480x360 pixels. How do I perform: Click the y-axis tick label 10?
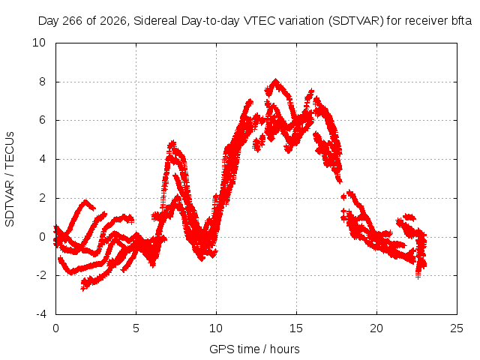click(x=39, y=43)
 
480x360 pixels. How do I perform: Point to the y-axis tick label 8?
click(x=42, y=82)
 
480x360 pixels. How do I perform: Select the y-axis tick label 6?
click(x=42, y=120)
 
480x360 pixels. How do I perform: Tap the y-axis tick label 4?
click(x=42, y=159)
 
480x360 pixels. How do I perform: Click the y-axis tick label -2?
click(x=40, y=275)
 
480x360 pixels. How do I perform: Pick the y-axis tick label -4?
click(x=40, y=314)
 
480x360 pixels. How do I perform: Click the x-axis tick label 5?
click(x=136, y=328)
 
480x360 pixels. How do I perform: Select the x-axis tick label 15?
click(x=296, y=328)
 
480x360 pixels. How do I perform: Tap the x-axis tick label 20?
click(x=376, y=328)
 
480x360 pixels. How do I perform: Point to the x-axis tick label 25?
click(x=457, y=328)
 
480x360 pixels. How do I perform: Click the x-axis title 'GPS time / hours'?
click(x=254, y=349)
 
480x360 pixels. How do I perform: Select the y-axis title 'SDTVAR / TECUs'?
click(x=10, y=179)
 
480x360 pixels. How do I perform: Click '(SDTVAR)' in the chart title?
click(x=356, y=21)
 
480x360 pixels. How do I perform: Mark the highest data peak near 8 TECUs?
click(x=275, y=81)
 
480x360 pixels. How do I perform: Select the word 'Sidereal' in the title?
click(x=155, y=21)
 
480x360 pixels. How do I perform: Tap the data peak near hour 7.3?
click(x=173, y=143)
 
